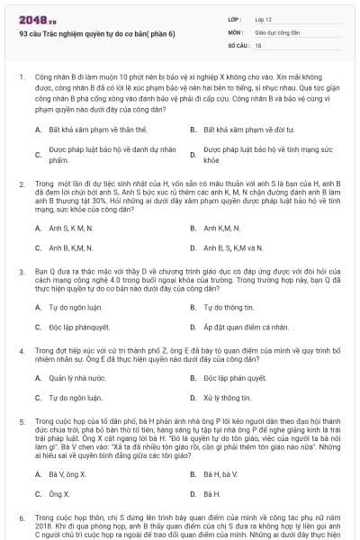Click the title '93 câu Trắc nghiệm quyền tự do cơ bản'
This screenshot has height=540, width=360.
(97, 33)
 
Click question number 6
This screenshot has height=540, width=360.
(21, 519)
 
